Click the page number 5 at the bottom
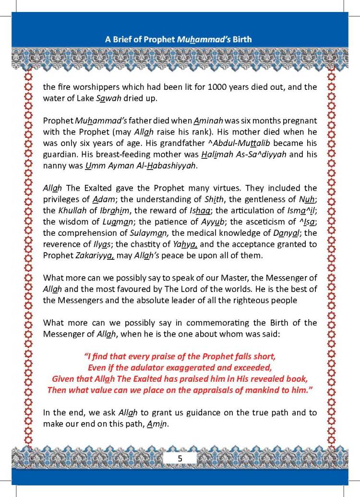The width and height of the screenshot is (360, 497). pos(180,458)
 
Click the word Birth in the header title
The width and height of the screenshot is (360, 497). pos(241,39)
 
